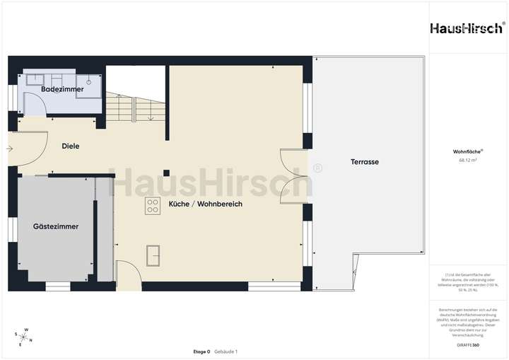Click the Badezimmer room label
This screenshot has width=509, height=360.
pos(62,90)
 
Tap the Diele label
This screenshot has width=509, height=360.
pos(71,146)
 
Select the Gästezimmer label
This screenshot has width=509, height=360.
pos(56,226)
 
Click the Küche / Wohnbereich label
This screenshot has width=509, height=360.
pos(206,204)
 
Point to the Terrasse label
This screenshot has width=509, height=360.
pos(365,162)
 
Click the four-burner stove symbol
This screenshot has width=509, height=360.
pos(153,206)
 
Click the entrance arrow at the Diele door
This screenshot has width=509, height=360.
pos(8,149)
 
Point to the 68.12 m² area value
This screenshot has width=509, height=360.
pos(468,160)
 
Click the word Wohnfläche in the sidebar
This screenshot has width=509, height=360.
pos(467,151)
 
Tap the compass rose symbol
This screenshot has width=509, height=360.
pos(23,337)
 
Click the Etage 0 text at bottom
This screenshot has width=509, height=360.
pos(201,352)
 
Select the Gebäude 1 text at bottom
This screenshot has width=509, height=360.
pos(226,352)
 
